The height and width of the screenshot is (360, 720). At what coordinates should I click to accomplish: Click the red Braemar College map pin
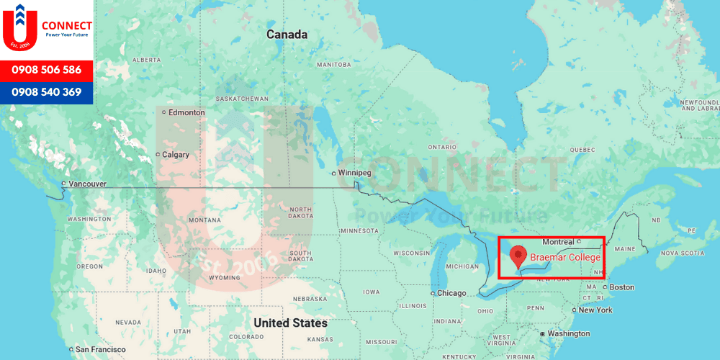click(x=518, y=256)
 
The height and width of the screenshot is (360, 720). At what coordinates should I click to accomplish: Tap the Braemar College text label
click(x=565, y=257)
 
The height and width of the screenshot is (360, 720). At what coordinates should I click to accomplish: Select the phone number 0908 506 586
click(x=47, y=70)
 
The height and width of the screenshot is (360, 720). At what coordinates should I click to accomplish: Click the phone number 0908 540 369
click(x=47, y=92)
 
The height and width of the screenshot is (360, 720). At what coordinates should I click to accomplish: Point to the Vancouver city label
click(x=87, y=184)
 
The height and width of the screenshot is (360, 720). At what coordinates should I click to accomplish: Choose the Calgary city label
click(x=175, y=155)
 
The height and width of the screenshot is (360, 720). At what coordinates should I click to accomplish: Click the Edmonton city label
click(x=186, y=112)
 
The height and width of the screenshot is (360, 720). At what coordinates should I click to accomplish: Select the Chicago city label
click(x=451, y=293)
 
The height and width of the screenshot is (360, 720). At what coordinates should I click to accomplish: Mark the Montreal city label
click(x=558, y=242)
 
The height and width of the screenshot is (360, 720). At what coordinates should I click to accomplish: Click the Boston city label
click(x=621, y=287)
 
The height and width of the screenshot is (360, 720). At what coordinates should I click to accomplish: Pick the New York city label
click(x=595, y=310)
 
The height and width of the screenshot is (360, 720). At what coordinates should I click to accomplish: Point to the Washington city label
click(x=568, y=334)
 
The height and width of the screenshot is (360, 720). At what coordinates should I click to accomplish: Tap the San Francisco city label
click(x=102, y=349)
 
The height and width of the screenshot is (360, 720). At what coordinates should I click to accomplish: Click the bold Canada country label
click(x=287, y=35)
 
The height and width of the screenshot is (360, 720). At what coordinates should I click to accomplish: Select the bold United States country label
click(x=290, y=323)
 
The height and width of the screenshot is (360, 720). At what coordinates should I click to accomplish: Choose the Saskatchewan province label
click(x=242, y=99)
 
